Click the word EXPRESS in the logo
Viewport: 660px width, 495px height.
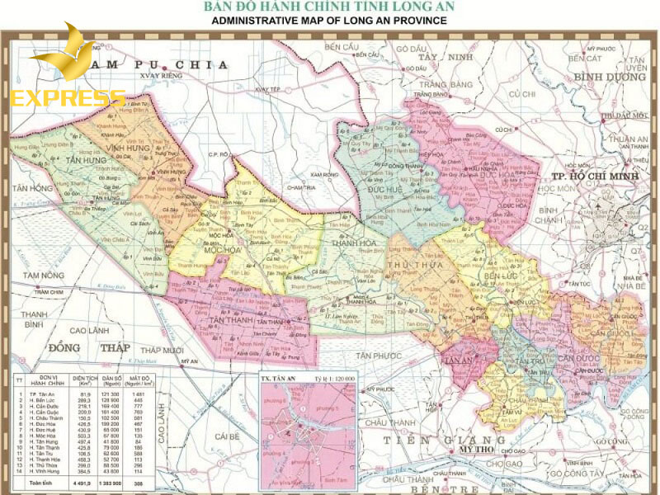coord(68,98)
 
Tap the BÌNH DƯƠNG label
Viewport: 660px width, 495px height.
coord(608,77)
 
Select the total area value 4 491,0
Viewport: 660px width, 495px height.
coord(82,482)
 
